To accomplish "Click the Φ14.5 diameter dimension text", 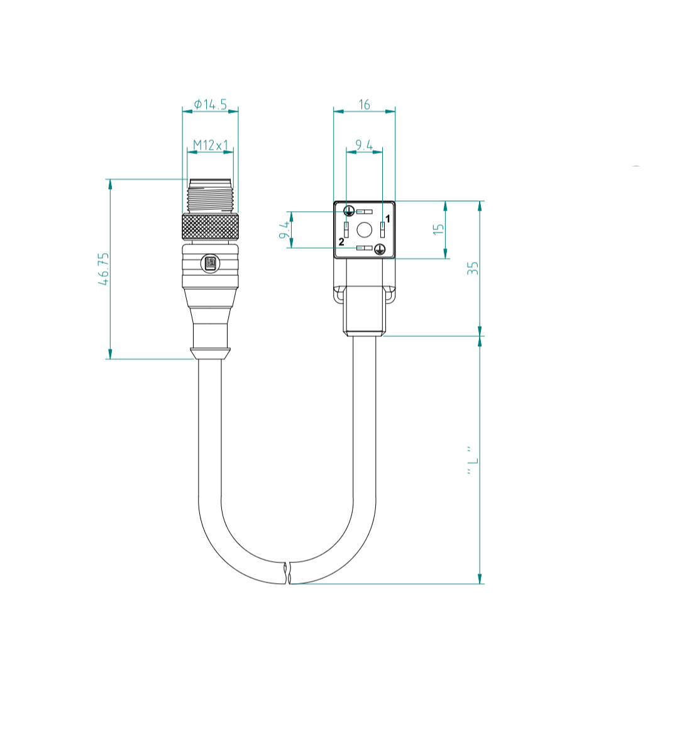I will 210,104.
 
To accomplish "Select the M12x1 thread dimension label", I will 210,145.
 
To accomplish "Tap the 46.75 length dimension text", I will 104,269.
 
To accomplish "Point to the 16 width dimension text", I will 364,104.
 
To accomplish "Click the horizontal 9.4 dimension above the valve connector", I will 364,146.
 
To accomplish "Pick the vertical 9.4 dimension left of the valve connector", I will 285,229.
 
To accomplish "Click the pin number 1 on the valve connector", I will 388,219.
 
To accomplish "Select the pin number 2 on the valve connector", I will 341,242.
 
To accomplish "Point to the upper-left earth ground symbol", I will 349,212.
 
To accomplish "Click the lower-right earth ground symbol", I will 379,249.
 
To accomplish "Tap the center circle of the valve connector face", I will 364,229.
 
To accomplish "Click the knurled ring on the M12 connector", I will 210,227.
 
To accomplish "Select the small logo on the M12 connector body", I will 210,265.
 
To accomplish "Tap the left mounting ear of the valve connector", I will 339,293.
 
